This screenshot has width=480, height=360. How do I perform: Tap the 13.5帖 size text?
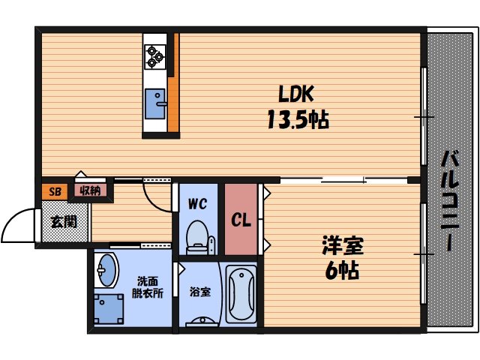pos(298,118)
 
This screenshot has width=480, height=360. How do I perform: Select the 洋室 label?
pos(343,244)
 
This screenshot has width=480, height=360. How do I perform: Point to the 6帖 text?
pos(342,270)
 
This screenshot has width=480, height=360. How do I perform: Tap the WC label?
pos(197,203)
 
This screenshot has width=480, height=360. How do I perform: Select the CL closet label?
pos(240,220)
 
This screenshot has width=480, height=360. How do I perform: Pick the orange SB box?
pos(54,190)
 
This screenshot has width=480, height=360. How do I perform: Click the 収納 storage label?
pos(90,190)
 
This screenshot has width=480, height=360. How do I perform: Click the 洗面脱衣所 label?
pos(147,287)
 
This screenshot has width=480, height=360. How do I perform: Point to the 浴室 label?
pos(199,290)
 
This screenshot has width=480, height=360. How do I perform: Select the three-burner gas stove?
pos(155,56)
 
